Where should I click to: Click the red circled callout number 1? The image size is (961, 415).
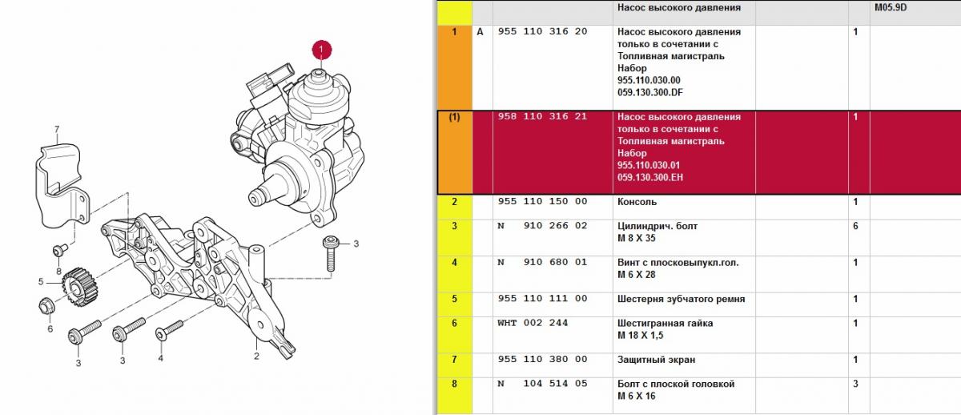322,50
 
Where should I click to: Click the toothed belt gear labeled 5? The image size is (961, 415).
80,285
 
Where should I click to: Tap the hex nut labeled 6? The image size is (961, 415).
46,305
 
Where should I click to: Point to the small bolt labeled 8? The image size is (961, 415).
59,249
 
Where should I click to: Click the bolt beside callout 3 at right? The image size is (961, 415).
331,253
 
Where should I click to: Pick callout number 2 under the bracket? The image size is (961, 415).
256,356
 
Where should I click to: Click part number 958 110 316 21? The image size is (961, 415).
542,116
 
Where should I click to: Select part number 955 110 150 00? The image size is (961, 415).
542,201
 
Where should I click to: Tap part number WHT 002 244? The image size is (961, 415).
533,323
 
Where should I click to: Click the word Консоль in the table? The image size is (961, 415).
637,202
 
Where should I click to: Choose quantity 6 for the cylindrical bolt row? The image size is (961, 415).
855,226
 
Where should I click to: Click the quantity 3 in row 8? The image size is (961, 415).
855,384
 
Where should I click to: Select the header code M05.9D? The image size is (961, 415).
891,7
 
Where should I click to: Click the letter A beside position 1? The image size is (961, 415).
480,32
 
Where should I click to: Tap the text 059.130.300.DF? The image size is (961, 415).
650,92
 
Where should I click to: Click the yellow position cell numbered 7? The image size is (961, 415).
454,365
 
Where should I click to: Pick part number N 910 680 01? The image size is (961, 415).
542,262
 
